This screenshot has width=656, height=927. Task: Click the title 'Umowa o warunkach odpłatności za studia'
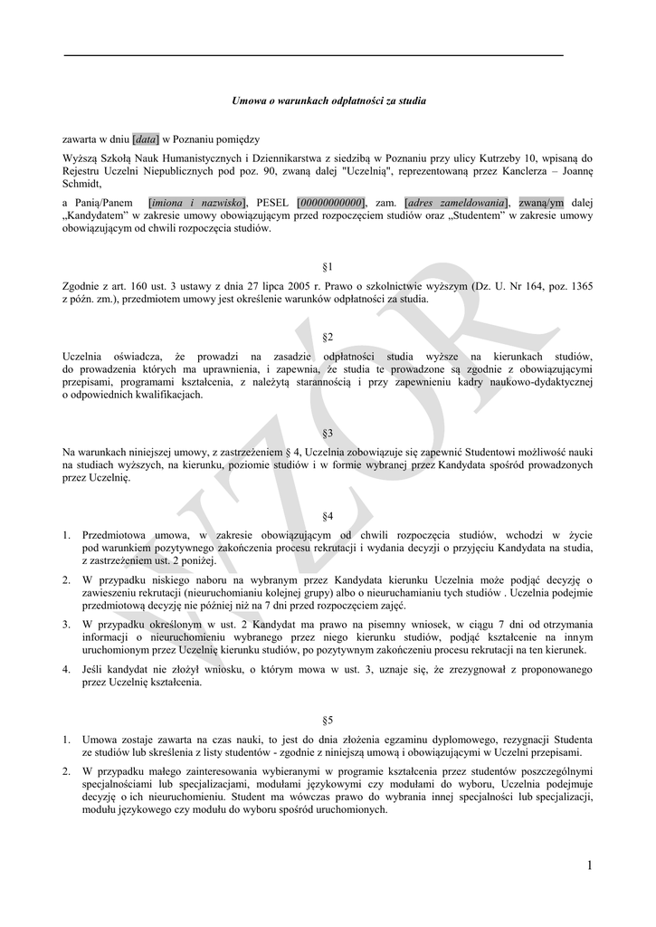(328, 100)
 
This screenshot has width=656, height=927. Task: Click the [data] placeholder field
(147, 139)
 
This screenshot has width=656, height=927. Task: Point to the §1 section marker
(328, 267)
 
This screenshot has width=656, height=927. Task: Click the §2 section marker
(328, 337)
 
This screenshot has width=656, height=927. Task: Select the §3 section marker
(328, 433)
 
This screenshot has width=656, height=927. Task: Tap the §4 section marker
(328, 515)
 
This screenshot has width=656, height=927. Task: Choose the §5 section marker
(328, 720)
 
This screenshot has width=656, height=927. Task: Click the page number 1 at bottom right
(589, 866)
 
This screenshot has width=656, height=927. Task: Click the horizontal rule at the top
(313, 56)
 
